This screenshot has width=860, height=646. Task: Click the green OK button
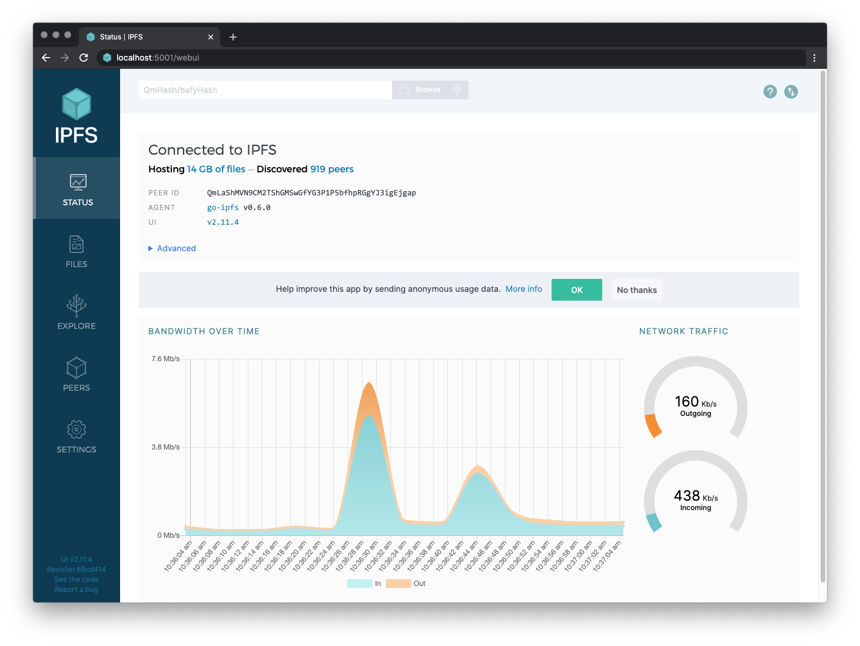(576, 290)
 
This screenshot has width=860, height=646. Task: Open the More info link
(523, 289)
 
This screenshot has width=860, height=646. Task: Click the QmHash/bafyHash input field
(265, 90)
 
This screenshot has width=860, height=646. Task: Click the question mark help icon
(770, 92)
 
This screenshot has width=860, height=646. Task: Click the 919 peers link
(332, 169)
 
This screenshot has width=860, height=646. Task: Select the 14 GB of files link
(216, 169)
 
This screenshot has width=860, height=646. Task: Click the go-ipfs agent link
(223, 208)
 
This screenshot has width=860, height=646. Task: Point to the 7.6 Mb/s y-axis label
(165, 359)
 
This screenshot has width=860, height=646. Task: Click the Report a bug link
(77, 590)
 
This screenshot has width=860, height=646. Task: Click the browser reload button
(84, 58)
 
